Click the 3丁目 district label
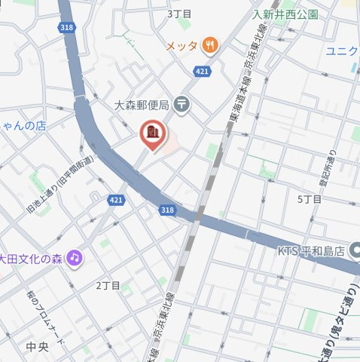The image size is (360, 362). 179,14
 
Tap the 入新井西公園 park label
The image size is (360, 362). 285,14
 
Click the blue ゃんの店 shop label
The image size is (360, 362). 23,126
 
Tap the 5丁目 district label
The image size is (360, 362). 309,199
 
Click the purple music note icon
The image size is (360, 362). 75,257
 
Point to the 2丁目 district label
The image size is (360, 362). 108,286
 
